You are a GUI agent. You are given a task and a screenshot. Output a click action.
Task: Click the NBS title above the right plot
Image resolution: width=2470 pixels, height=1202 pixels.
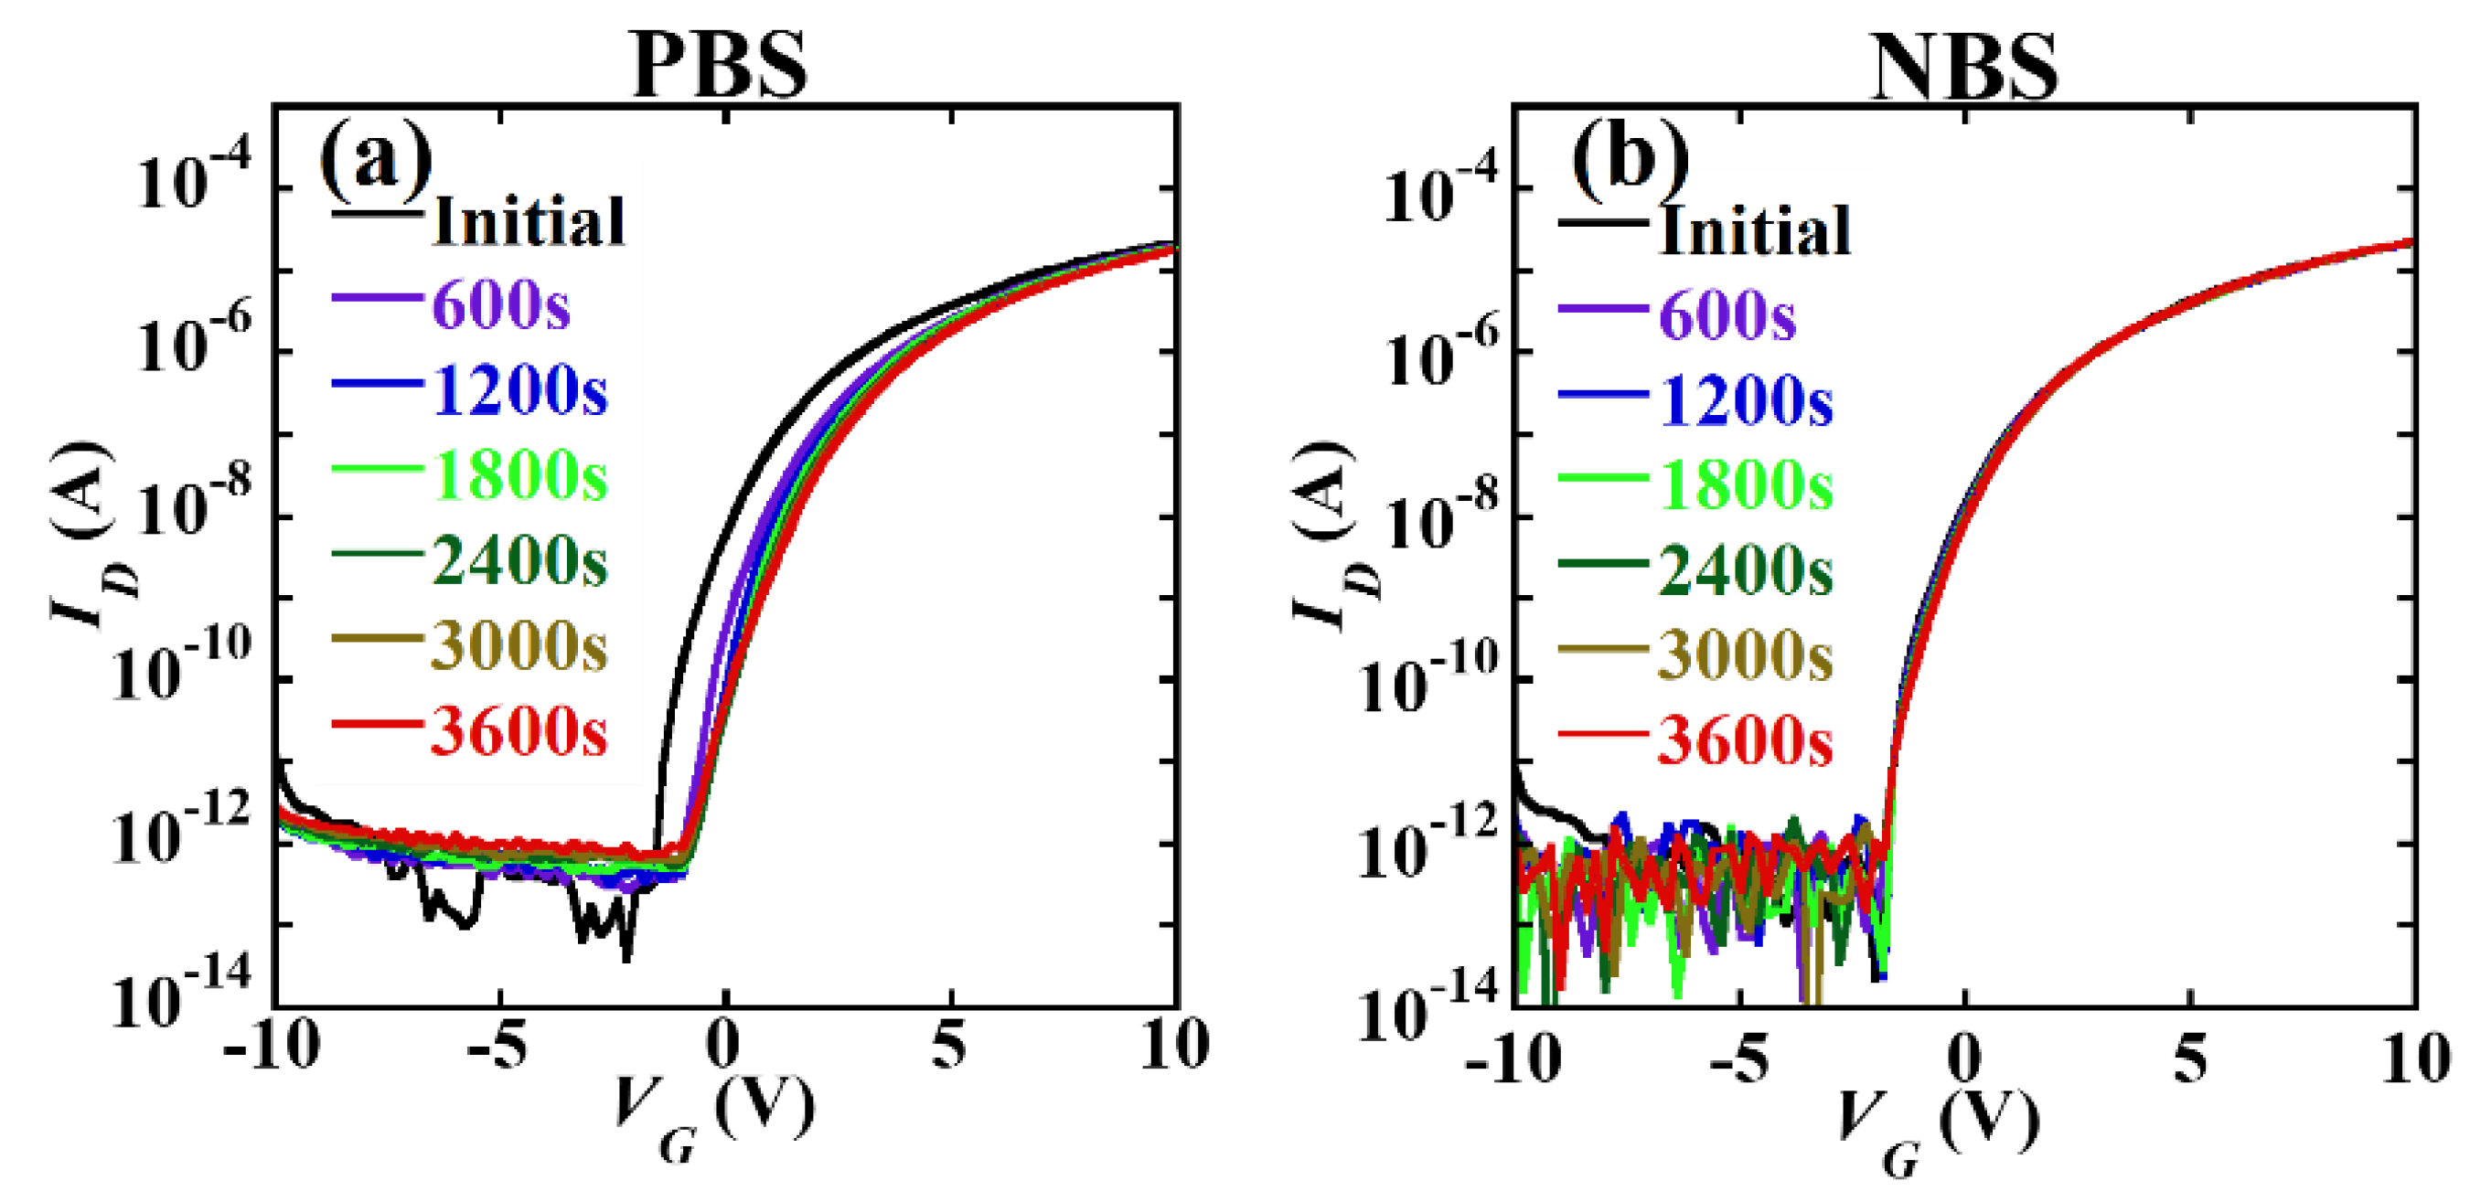pyautogui.click(x=1962, y=67)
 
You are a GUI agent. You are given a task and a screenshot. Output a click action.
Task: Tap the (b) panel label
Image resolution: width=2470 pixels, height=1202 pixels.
pyautogui.click(x=1629, y=158)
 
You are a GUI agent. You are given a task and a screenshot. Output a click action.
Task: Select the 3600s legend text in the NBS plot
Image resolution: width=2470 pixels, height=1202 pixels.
pyautogui.click(x=1745, y=741)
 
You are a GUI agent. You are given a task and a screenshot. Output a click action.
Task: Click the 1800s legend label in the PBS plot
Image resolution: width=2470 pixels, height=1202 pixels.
pyautogui.click(x=519, y=475)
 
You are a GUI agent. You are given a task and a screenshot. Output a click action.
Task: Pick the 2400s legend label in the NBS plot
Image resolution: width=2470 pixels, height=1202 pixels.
pyautogui.click(x=1745, y=570)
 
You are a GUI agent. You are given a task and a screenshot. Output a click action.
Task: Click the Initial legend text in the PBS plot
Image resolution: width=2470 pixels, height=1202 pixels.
pyautogui.click(x=529, y=221)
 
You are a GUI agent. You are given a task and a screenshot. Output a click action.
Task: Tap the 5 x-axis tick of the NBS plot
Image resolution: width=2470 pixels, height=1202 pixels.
pyautogui.click(x=2190, y=1058)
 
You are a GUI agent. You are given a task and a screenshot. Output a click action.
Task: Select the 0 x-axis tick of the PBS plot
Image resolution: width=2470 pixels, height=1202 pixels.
pyautogui.click(x=724, y=1045)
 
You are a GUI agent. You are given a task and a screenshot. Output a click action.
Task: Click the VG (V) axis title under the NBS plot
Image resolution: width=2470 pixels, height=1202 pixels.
pyautogui.click(x=1937, y=1131)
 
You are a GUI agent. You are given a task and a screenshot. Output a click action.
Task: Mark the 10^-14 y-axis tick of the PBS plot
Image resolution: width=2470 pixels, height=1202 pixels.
pyautogui.click(x=182, y=997)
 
